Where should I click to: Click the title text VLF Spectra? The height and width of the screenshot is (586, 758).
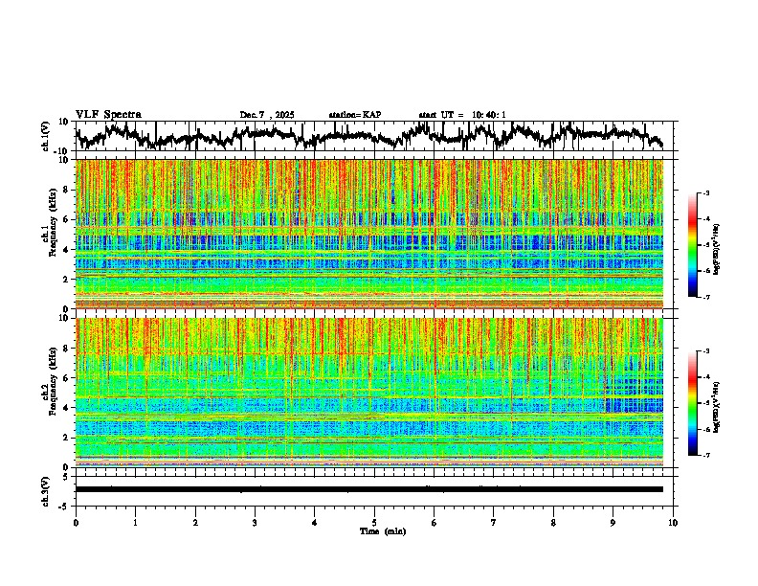(108, 114)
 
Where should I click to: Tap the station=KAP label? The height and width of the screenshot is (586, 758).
(354, 115)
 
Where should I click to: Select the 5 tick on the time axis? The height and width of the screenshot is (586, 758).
(374, 522)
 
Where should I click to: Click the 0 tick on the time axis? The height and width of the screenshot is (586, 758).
(76, 522)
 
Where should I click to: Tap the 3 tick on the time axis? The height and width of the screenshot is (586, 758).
(255, 522)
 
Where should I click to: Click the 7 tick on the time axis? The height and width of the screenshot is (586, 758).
(494, 522)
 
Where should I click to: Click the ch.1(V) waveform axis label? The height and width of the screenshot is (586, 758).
(46, 136)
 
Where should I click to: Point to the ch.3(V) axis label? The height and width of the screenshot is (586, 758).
(46, 489)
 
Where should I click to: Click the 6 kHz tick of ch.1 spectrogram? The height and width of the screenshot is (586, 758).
(65, 219)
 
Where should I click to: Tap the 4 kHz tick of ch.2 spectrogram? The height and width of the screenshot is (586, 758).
(65, 407)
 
